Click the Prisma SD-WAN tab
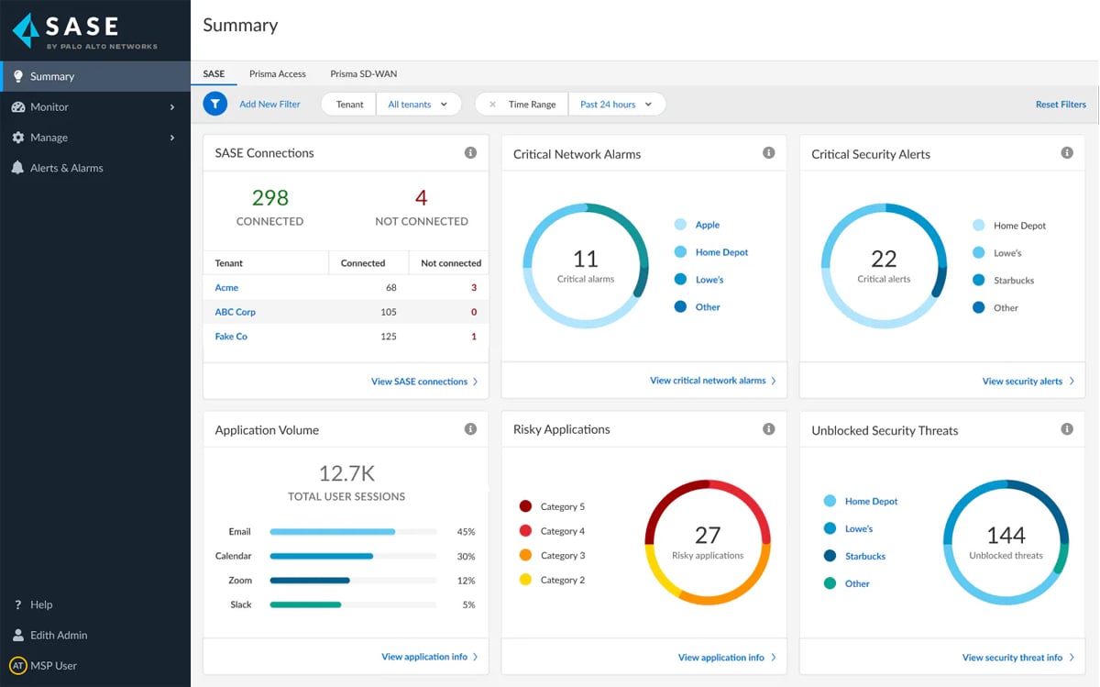(x=363, y=73)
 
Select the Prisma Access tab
(x=277, y=73)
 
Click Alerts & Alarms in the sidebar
(x=66, y=168)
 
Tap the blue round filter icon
(x=214, y=104)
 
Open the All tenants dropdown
(x=418, y=105)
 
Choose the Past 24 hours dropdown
(x=616, y=105)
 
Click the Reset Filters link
(x=1061, y=105)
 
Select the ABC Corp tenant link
(x=235, y=312)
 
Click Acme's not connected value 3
(x=473, y=288)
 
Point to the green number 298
(x=269, y=198)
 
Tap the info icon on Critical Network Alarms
(x=768, y=153)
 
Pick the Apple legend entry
(x=707, y=225)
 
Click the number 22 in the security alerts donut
(x=884, y=259)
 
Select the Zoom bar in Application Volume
(x=310, y=581)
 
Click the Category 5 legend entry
(x=562, y=506)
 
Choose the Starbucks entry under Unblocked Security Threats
(x=864, y=556)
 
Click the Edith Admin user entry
(x=58, y=635)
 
